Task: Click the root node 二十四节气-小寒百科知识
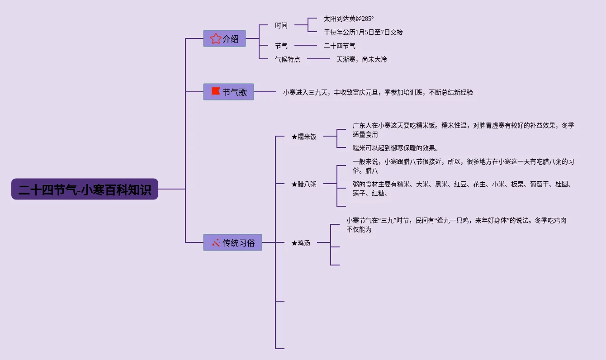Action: click(x=85, y=189)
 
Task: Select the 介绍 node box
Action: click(x=224, y=39)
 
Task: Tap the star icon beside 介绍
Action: click(x=216, y=39)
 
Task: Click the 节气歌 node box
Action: click(x=228, y=92)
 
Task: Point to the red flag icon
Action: click(x=216, y=92)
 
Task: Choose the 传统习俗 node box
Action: click(x=232, y=242)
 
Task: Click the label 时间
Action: click(x=281, y=25)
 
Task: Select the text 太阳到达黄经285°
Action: click(x=349, y=19)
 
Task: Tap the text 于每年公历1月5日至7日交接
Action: click(x=363, y=32)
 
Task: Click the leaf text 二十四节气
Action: click(x=340, y=46)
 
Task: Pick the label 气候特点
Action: click(x=288, y=59)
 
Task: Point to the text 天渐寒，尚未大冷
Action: click(x=361, y=59)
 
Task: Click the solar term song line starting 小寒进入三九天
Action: click(x=378, y=92)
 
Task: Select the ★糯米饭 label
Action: click(x=304, y=137)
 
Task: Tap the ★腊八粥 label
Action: click(x=304, y=184)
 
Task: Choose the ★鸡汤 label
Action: click(x=301, y=243)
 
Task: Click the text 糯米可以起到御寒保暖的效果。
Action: click(x=396, y=148)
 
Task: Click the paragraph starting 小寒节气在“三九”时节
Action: click(x=456, y=225)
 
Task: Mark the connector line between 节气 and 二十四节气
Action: click(x=306, y=46)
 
